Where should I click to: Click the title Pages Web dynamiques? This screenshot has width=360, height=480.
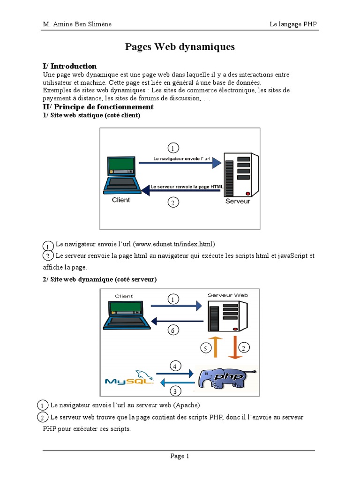(x=180, y=47)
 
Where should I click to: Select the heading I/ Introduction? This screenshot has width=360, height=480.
(x=69, y=66)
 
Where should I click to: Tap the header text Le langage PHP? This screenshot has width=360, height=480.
(x=293, y=24)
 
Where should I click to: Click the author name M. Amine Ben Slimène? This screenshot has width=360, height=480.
(x=77, y=24)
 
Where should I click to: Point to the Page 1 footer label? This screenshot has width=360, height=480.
(x=180, y=456)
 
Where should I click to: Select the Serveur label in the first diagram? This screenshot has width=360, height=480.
(x=238, y=201)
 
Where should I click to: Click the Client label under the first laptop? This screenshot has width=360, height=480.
(x=121, y=200)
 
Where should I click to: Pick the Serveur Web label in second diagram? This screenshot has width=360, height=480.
(x=227, y=295)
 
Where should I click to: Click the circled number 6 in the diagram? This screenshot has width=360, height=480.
(x=173, y=330)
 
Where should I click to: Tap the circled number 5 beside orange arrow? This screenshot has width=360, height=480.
(x=205, y=348)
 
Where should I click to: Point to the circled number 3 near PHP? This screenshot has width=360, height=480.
(x=174, y=391)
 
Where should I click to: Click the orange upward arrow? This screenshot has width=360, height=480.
(x=216, y=347)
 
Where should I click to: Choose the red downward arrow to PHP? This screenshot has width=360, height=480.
(x=235, y=347)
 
